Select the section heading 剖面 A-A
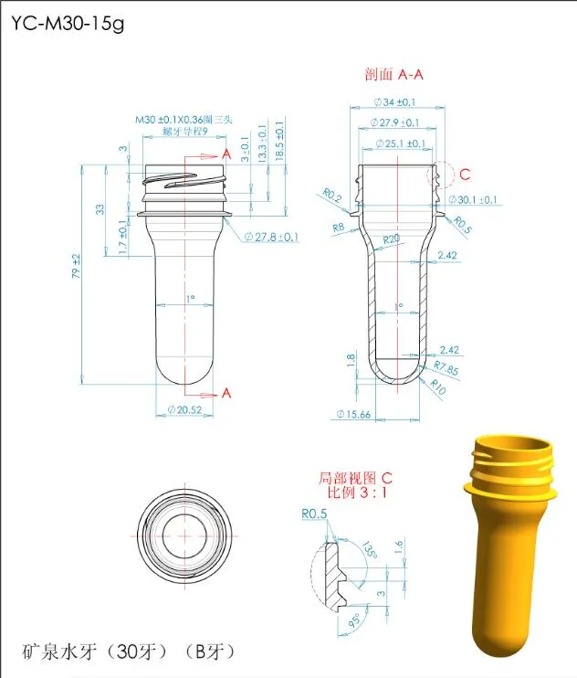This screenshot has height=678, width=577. (396, 74)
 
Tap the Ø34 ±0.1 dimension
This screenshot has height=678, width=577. (394, 102)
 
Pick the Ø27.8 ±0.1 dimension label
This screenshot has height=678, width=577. (272, 238)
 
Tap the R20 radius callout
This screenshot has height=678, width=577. (391, 238)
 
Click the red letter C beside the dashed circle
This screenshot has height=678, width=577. (464, 174)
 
